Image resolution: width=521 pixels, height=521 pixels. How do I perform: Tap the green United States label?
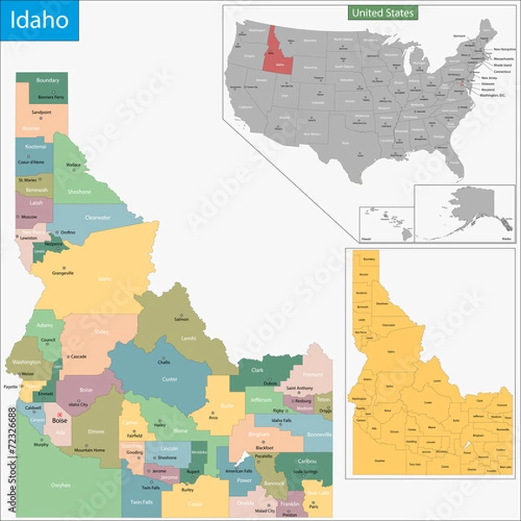(x=383, y=13)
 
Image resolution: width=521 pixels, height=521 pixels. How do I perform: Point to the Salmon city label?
(x=181, y=320)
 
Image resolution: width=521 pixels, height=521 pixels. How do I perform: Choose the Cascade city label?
(x=78, y=357)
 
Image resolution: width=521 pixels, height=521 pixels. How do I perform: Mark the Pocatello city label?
(x=263, y=456)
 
